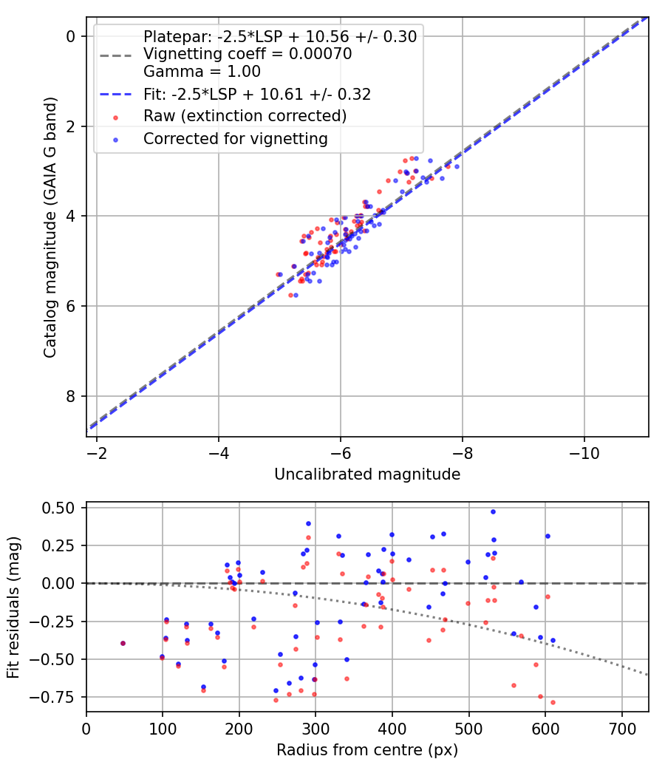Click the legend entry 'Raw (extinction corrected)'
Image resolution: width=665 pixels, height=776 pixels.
[x=245, y=116]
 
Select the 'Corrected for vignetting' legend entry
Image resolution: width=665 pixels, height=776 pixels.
[x=235, y=138]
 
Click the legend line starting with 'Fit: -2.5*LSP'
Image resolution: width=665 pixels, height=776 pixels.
[x=257, y=94]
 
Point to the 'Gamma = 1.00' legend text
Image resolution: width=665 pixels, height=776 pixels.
[x=202, y=72]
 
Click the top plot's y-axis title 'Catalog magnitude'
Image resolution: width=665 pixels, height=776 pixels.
[x=50, y=225]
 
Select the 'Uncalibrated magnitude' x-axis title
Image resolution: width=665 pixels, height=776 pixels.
[x=367, y=474]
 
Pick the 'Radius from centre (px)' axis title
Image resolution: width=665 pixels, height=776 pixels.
[x=367, y=750]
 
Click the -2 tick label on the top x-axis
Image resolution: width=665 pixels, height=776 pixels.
[x=97, y=452]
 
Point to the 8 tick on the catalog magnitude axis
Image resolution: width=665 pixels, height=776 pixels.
[x=72, y=396]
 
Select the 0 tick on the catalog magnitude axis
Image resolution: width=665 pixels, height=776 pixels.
[x=72, y=36]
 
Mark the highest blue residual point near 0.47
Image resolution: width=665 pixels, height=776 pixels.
[x=493, y=511]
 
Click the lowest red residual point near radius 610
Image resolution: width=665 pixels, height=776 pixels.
[x=553, y=702]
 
